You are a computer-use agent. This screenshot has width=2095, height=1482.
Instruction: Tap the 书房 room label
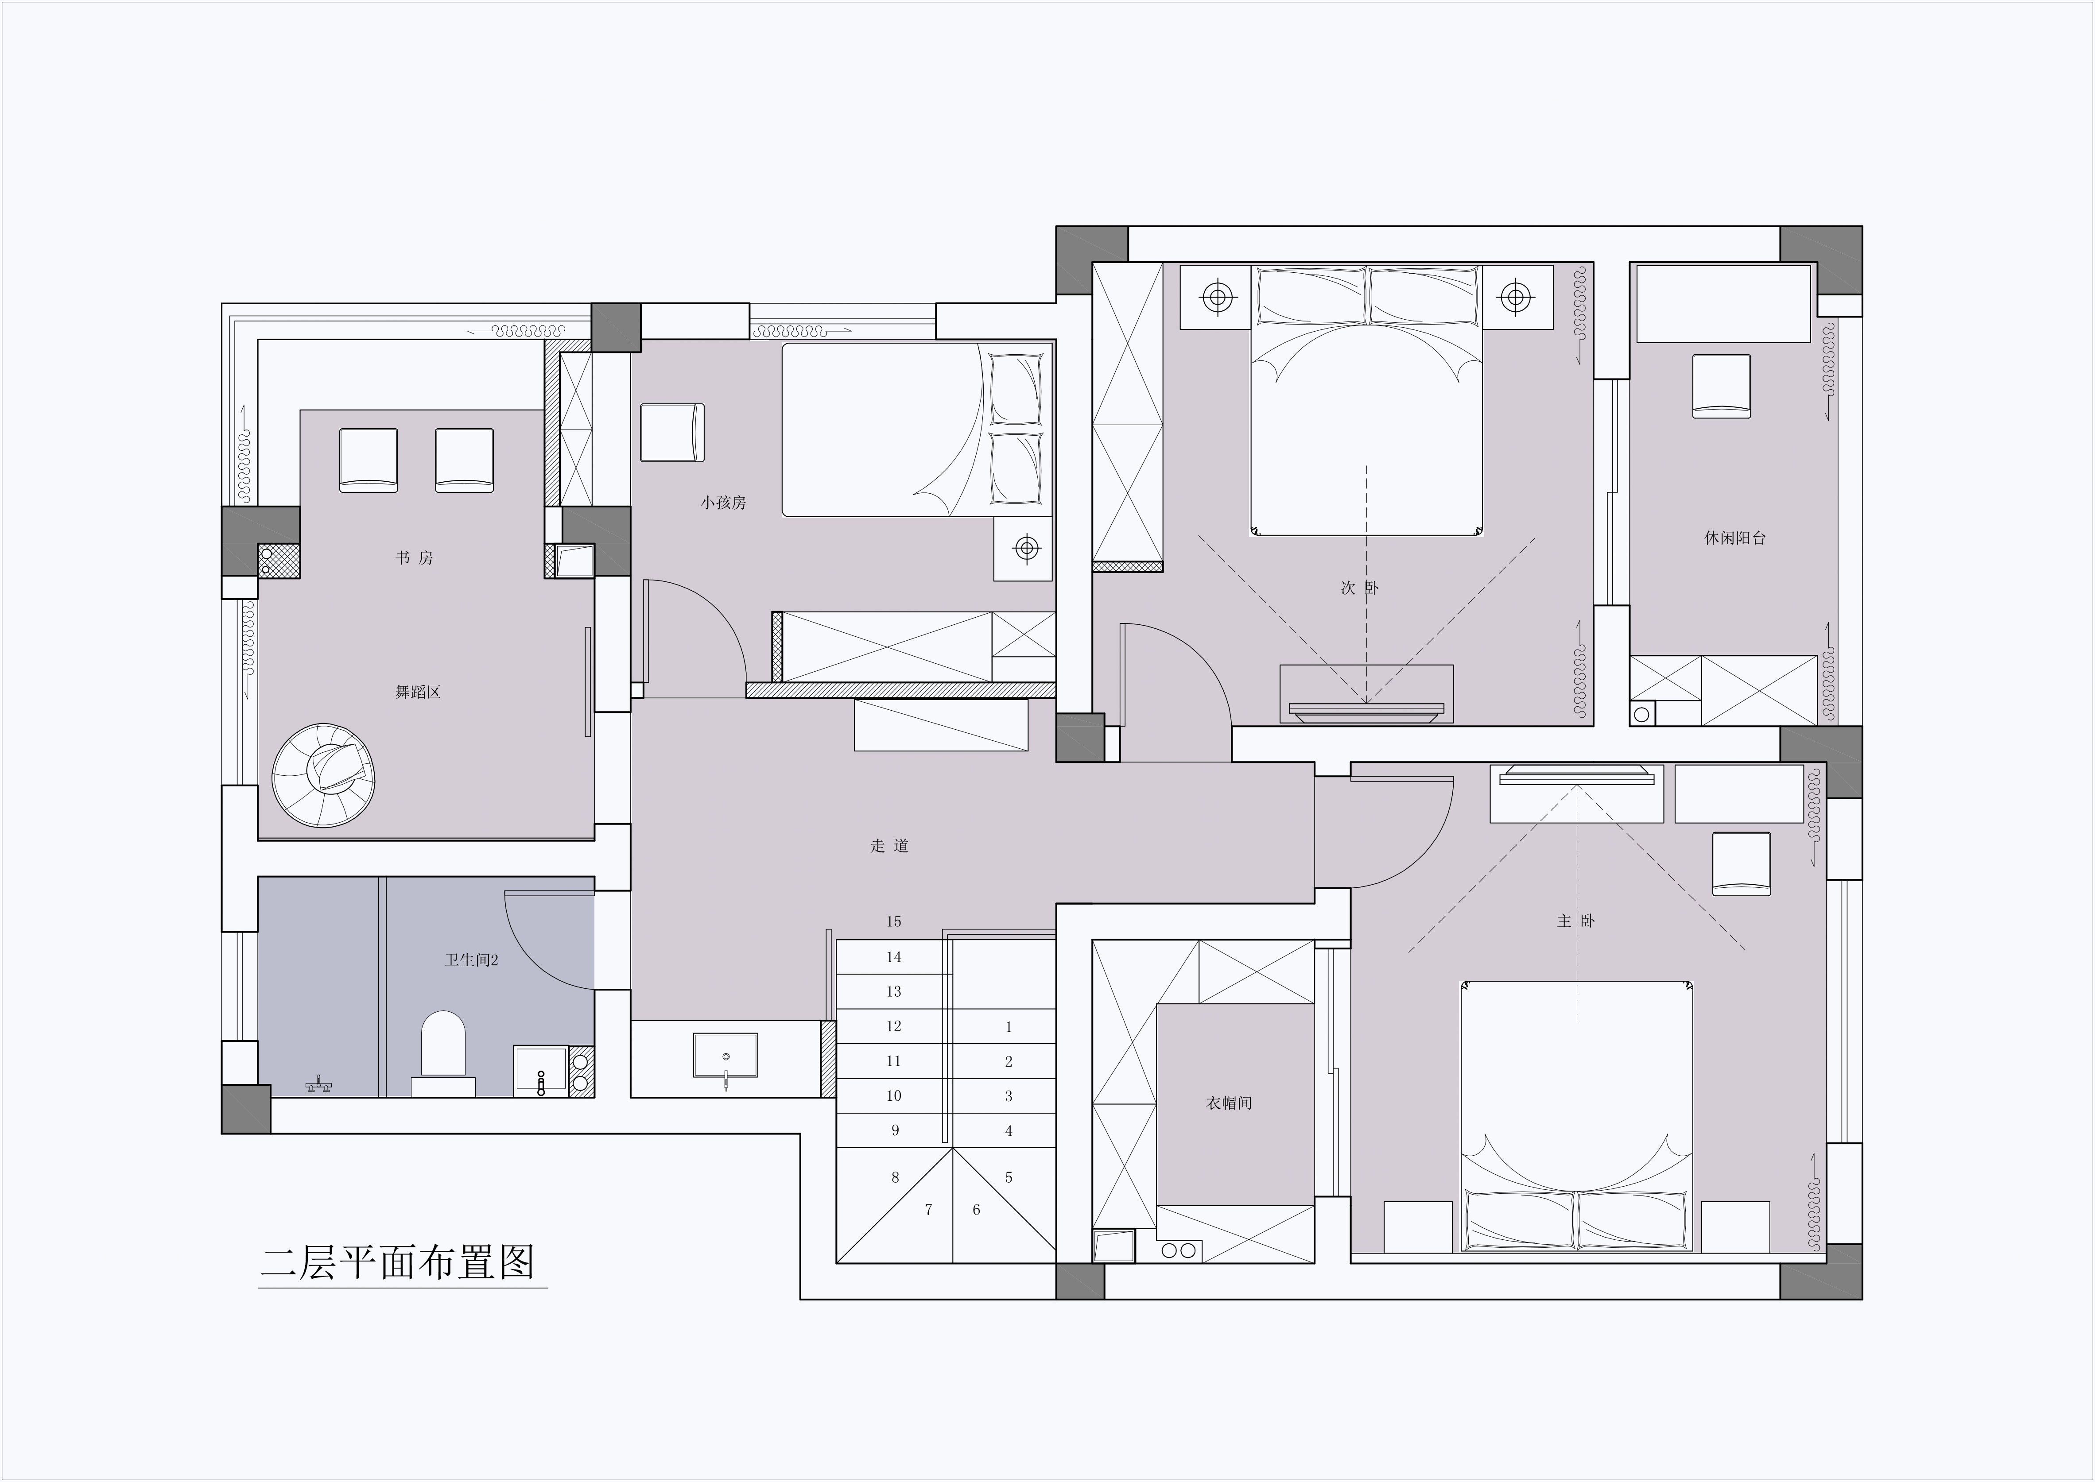415,557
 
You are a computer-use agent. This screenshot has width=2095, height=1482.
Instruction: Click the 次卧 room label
1359,588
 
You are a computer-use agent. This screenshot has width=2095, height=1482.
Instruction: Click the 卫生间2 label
471,960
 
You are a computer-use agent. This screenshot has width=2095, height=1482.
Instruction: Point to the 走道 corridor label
889,846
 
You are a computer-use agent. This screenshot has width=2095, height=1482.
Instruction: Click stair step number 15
894,922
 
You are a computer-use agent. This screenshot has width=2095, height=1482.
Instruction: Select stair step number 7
928,1210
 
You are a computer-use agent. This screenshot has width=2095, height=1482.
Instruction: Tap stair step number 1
1009,1027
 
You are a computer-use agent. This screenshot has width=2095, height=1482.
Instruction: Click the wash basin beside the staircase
725,1056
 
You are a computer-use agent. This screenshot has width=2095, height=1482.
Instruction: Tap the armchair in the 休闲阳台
1721,386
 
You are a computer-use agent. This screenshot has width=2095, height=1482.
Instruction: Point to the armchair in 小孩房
672,433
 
